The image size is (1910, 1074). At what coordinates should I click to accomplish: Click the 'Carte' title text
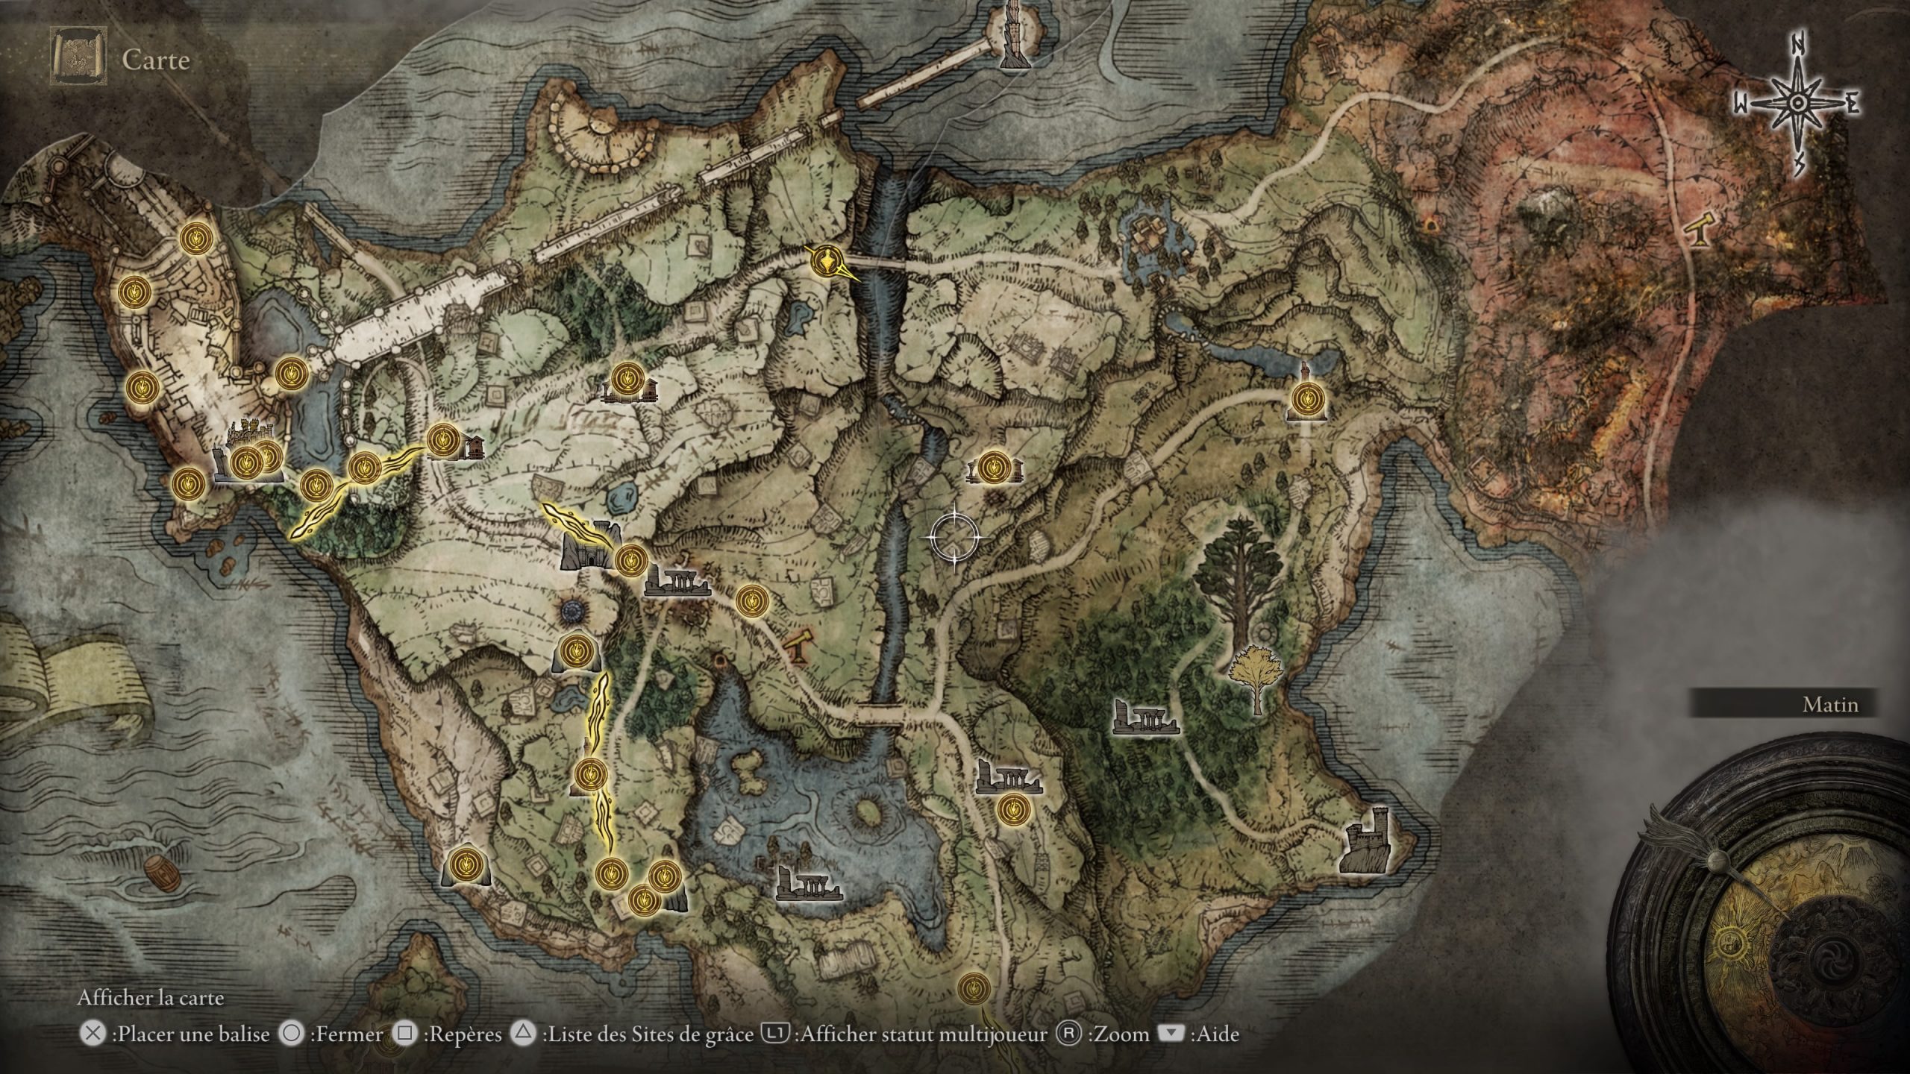click(156, 60)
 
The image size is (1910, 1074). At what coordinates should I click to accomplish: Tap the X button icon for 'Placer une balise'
click(92, 1034)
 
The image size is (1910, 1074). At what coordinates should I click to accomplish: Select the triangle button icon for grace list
click(525, 1034)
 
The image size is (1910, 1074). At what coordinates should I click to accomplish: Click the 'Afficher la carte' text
click(150, 998)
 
